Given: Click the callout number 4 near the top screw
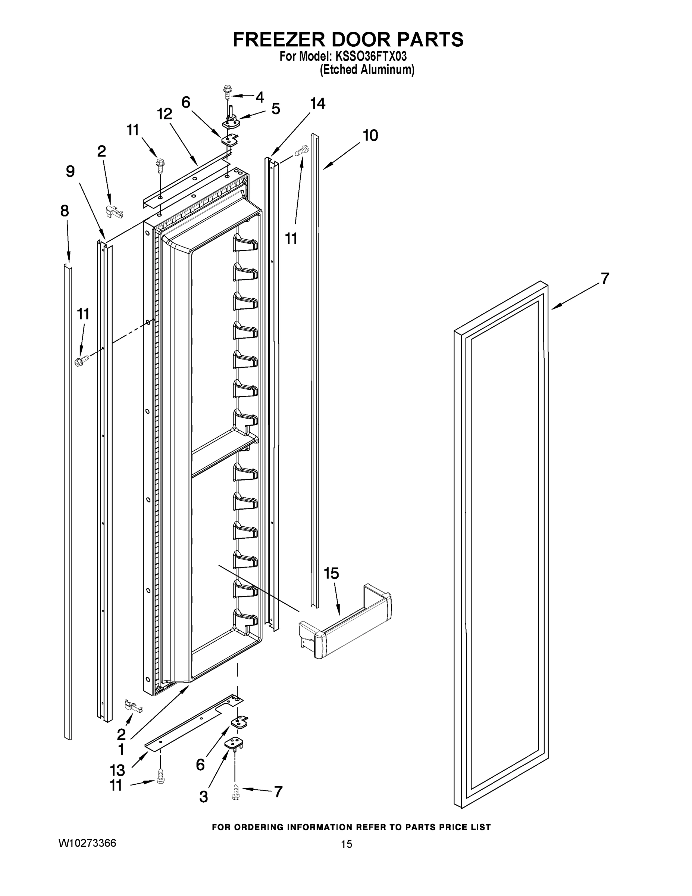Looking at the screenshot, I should tap(260, 97).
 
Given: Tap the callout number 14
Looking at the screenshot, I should tap(317, 103).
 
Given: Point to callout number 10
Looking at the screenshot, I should tap(370, 135).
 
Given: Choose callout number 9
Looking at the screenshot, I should tap(70, 171).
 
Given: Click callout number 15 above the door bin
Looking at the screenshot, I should tap(331, 573).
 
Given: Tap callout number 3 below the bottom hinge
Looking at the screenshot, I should tap(203, 796).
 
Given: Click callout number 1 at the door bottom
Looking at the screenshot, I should tap(121, 750).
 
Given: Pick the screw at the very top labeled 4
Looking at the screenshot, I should tap(227, 90).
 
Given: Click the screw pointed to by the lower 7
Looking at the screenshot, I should tap(235, 792).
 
